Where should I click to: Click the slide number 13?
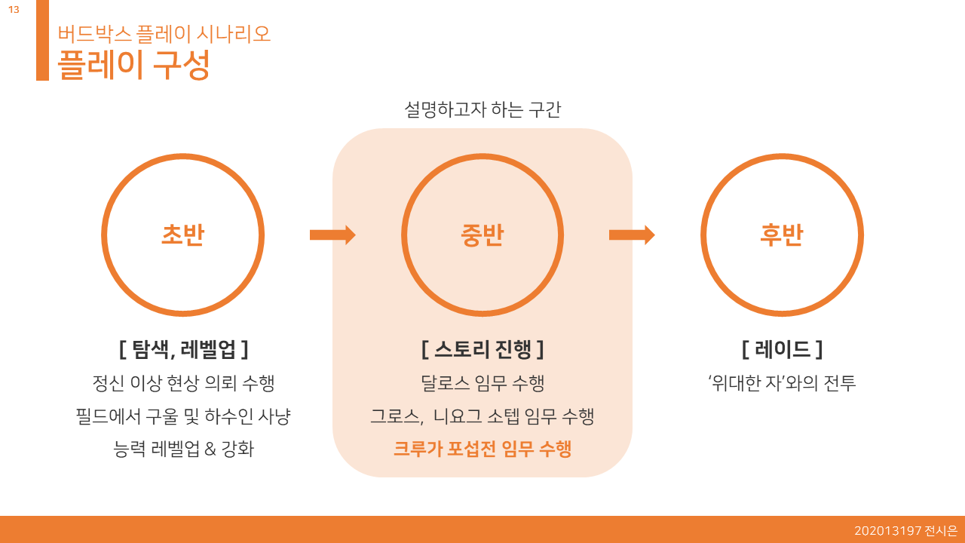[14, 10]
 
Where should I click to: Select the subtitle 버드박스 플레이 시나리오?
[164, 34]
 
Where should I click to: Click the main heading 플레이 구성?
[133, 65]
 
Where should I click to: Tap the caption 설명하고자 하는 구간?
[482, 110]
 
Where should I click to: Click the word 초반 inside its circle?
[182, 235]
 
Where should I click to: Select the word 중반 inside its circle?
[482, 235]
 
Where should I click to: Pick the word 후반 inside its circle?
[782, 235]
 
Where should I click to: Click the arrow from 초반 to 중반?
[332, 235]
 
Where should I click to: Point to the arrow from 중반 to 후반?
[631, 235]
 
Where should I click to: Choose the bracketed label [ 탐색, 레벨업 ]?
[183, 349]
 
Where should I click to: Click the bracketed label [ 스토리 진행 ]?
[482, 349]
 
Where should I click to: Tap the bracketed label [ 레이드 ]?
[782, 349]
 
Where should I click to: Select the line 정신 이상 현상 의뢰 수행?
[183, 383]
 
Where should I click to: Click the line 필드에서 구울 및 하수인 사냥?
[183, 416]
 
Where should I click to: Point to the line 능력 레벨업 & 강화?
[183, 449]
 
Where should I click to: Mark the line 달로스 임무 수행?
[482, 383]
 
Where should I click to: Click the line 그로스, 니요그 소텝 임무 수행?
[482, 416]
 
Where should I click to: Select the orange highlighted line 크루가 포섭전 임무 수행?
[482, 449]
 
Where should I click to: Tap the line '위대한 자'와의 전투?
[782, 383]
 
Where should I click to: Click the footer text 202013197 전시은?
[905, 531]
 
